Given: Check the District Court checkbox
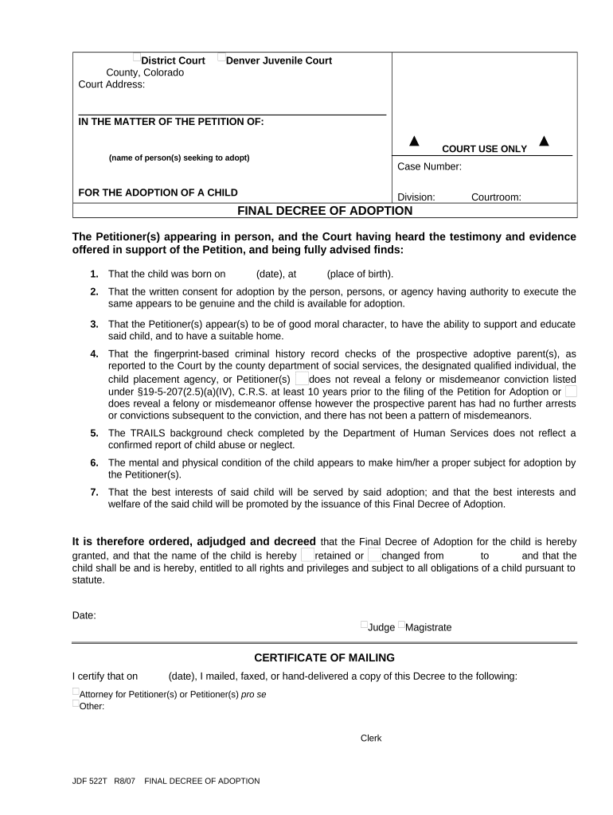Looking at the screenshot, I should [x=137, y=57].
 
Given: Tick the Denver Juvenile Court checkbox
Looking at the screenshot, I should [x=222, y=57].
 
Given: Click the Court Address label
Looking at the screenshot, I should [x=111, y=84].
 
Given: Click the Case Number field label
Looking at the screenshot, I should [x=429, y=167].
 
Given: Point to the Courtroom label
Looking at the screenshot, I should [x=496, y=197].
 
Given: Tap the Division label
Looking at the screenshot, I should [x=416, y=197].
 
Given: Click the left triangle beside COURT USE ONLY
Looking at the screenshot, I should [x=414, y=142].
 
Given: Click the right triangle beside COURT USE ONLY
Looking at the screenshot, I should [x=545, y=142].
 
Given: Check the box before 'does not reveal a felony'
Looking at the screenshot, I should [x=301, y=379].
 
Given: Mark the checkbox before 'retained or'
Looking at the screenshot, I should [x=308, y=554].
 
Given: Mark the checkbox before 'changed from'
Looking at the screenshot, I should [x=375, y=554].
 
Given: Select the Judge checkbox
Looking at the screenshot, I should [x=364, y=625].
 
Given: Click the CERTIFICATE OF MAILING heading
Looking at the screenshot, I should [x=324, y=657].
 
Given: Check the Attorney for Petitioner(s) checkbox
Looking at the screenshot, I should [x=76, y=692].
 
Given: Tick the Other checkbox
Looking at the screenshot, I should [x=76, y=703].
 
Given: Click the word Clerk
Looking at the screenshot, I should [x=371, y=739].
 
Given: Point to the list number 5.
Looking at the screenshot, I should [x=94, y=433].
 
